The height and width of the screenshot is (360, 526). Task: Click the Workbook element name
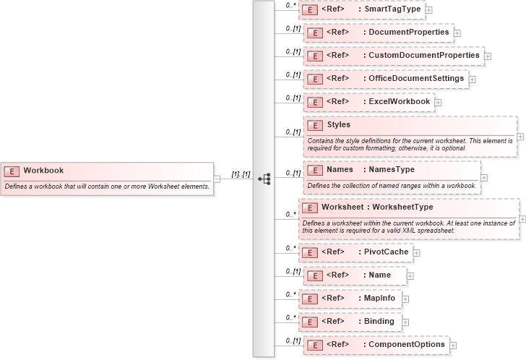coord(43,171)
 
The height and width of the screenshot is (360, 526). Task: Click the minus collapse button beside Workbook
coord(217,179)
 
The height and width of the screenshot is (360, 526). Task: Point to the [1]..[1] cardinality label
coord(241,174)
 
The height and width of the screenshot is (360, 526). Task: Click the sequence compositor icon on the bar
coord(264,178)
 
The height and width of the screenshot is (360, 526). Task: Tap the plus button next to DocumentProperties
coord(457,33)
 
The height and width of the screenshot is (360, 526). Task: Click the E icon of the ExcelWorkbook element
coord(314,102)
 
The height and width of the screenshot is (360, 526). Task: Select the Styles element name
coord(338,124)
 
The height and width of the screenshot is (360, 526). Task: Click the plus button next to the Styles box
coord(520,136)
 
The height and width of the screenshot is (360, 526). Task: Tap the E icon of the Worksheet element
coord(310,207)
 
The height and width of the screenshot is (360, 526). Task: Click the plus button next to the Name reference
coord(411,275)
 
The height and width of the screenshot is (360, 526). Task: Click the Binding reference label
coord(379,321)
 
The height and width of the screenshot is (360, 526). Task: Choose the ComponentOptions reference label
coord(408,344)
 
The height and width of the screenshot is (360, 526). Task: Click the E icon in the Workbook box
coord(12,171)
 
